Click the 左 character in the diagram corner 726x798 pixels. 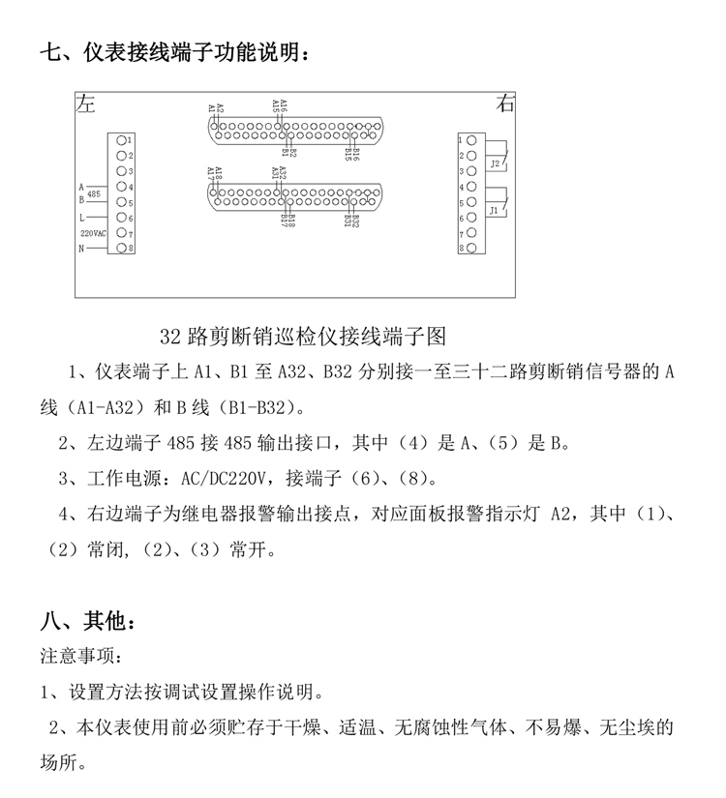[88, 103]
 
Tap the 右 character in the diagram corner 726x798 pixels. [505, 103]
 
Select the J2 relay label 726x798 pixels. [494, 163]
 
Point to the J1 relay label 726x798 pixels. [494, 210]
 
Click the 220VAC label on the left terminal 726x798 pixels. [92, 234]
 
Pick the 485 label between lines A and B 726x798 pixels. [94, 194]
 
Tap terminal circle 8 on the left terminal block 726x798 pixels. [121, 249]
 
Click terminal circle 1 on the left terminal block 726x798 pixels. [121, 140]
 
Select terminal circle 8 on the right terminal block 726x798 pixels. [471, 249]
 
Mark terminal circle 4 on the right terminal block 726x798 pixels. [471, 187]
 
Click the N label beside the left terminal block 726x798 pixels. [82, 250]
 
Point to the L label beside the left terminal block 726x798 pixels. [82, 219]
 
